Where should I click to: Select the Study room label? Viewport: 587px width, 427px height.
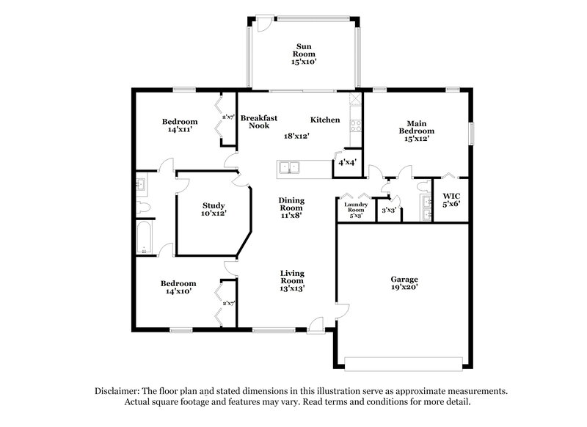point(214,209)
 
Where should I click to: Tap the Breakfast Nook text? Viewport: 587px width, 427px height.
point(258,122)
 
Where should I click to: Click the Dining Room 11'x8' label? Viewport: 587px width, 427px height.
point(291,208)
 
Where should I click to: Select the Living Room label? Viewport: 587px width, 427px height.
point(292,282)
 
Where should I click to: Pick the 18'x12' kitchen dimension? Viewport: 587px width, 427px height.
point(296,136)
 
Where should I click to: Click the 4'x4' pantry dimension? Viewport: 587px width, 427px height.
point(346,162)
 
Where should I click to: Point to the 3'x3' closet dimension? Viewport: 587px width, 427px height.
point(390,211)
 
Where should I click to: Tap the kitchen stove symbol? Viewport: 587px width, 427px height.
point(356,124)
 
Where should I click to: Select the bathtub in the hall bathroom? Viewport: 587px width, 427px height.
point(144,238)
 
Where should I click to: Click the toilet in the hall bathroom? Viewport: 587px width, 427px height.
point(144,208)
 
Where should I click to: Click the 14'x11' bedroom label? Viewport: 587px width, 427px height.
point(180,125)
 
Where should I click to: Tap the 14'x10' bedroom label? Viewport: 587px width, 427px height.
point(179,288)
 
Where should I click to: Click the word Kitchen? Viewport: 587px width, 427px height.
point(325,120)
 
